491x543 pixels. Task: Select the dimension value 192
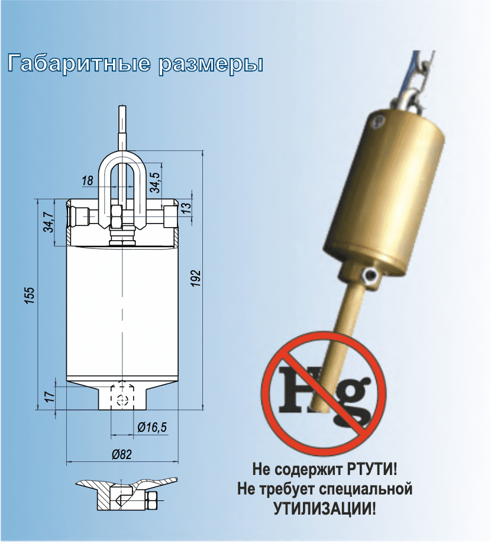tap(196, 277)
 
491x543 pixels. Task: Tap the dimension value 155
tap(31, 295)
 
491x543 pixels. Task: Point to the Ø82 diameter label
tap(122, 454)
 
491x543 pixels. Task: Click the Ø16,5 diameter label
tap(151, 427)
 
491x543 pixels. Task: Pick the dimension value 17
tap(50, 396)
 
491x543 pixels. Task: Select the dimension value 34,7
tap(49, 222)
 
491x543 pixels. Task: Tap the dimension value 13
tap(186, 208)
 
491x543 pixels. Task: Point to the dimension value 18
tap(88, 180)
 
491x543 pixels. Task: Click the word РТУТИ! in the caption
tap(372, 470)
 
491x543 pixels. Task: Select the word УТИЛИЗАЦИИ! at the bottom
tap(325, 509)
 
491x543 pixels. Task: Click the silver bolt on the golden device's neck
tap(369, 275)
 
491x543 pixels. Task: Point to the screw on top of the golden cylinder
tap(378, 120)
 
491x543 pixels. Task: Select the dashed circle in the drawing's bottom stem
tap(122, 399)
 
